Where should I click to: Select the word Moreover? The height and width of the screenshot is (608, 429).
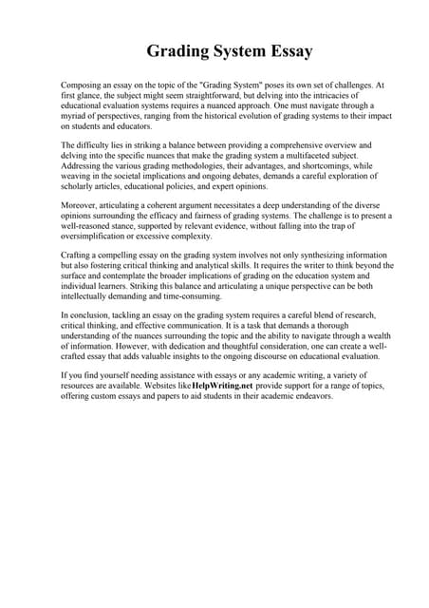point(79,206)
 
